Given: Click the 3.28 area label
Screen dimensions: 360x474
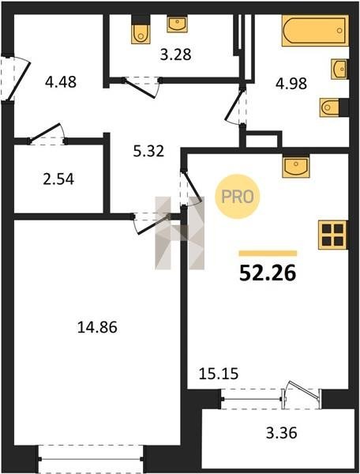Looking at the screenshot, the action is tap(175, 55).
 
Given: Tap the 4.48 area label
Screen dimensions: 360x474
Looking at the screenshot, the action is tap(61, 81).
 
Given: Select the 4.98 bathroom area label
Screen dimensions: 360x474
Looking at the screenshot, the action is tap(291, 84).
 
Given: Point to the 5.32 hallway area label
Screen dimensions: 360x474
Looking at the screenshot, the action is tap(148, 151).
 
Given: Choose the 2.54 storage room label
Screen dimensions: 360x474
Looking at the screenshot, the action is tap(58, 179).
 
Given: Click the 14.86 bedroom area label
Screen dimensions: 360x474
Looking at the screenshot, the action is tap(97, 327).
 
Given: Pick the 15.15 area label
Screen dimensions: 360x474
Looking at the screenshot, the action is tap(219, 374).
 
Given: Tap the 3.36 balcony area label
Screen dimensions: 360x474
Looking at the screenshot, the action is tap(282, 433).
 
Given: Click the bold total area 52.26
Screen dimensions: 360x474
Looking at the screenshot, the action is tap(268, 273).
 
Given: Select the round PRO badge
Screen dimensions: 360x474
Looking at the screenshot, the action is tap(238, 197).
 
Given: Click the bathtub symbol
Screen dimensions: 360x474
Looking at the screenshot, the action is tap(315, 31).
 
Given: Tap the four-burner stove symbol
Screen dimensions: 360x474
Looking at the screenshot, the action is tap(333, 235).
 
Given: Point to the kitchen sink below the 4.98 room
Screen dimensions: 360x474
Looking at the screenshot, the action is tap(296, 166).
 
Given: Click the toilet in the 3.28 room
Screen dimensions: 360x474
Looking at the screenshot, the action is tap(141, 29).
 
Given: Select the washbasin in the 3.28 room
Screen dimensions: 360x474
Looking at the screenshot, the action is tap(177, 24).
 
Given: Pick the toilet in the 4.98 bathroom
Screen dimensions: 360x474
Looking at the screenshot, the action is tap(334, 107).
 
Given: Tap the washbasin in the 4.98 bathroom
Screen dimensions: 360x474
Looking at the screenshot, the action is tap(339, 70).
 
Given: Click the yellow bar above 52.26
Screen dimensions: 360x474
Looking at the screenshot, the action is tap(268, 254).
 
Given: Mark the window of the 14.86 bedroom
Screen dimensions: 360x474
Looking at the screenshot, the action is tap(91, 459).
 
